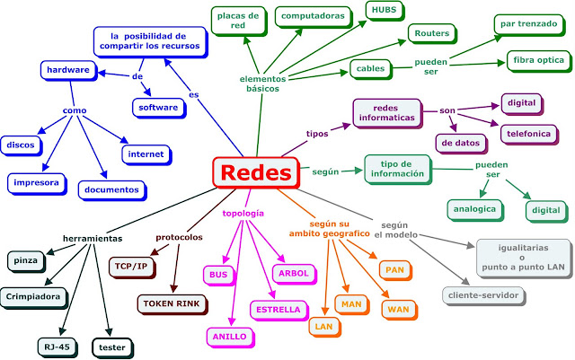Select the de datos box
coord(459,143)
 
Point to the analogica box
coord(473,208)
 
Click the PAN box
coord(394,269)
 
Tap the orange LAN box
coord(323,327)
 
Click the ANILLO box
coord(230,337)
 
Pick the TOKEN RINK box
coord(168,303)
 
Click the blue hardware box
coord(66,69)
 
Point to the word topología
coord(243,213)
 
